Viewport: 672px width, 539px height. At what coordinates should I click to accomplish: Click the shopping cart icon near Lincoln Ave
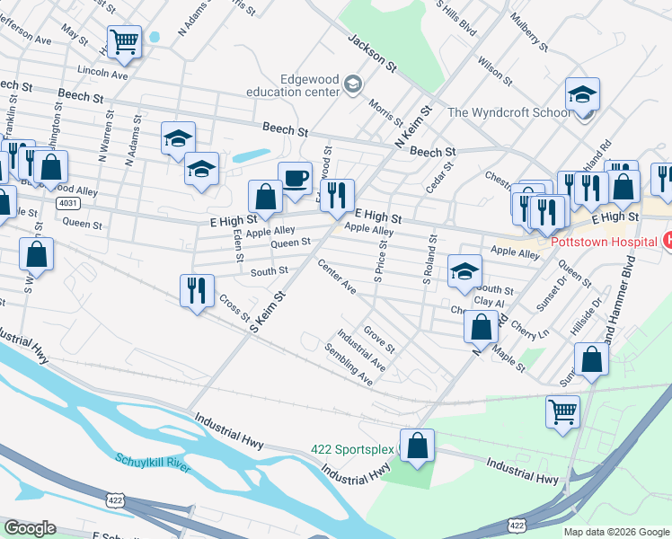(x=124, y=41)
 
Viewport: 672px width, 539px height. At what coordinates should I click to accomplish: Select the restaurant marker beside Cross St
(x=196, y=291)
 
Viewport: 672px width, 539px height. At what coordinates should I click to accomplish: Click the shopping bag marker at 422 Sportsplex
(x=417, y=446)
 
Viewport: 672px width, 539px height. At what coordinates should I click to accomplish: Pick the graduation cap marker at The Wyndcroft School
(x=582, y=94)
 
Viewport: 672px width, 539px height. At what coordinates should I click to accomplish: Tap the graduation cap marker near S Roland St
(x=464, y=271)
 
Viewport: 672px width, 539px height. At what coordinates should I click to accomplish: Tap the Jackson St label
(x=372, y=53)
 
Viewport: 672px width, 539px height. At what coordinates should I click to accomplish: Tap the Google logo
(x=30, y=528)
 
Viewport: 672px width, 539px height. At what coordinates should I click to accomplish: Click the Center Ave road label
(x=337, y=276)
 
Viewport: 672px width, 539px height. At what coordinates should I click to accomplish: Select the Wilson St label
(x=495, y=72)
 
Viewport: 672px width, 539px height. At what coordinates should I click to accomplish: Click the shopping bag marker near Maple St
(x=481, y=327)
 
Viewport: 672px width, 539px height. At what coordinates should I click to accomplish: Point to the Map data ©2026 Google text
(x=616, y=532)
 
